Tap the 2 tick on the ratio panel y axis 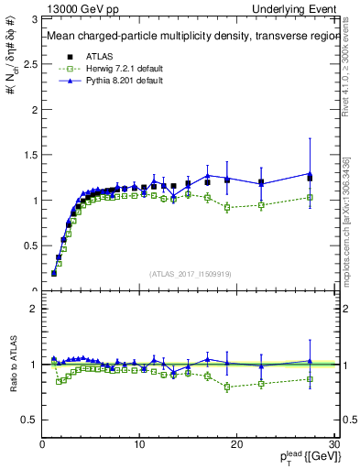click(34, 309)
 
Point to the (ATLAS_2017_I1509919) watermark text click(189, 273)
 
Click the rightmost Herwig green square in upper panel click(310, 197)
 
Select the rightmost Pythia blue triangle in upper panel click(310, 173)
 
